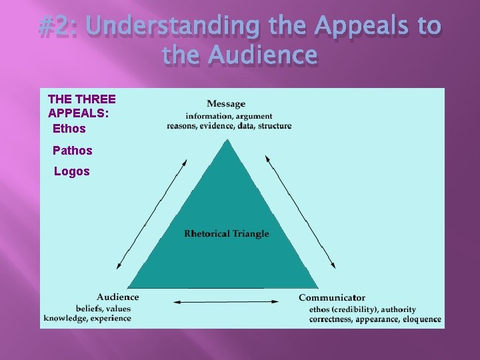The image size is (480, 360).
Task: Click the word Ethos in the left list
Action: (69, 128)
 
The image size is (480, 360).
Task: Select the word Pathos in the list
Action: (72, 150)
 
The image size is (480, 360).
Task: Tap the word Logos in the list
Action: (71, 171)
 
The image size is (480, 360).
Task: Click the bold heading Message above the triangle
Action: (226, 103)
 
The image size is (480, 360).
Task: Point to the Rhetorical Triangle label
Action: (227, 233)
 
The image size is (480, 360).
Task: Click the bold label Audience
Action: (118, 297)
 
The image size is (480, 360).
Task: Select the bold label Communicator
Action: (332, 297)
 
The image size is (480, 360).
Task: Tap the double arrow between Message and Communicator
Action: (300, 212)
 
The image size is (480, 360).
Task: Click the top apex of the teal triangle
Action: (228, 140)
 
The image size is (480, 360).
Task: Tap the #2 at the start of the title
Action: (57, 26)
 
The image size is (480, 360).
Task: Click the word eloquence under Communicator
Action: (421, 319)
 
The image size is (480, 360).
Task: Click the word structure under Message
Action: (275, 125)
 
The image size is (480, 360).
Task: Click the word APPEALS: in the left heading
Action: (78, 113)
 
